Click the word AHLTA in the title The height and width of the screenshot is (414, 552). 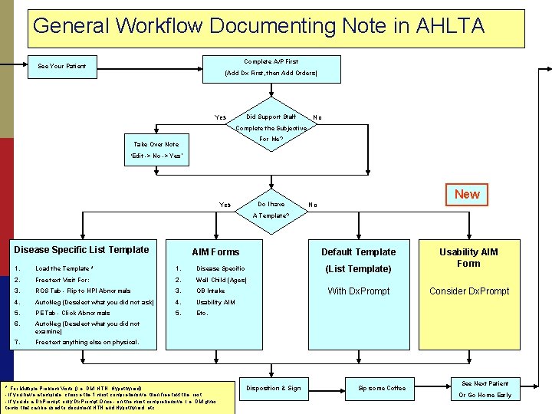pyautogui.click(x=449, y=26)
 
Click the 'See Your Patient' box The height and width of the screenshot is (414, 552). pyautogui.click(x=62, y=66)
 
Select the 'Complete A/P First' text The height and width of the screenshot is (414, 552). pyautogui.click(x=271, y=61)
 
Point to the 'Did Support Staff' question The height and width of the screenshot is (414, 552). pyautogui.click(x=271, y=117)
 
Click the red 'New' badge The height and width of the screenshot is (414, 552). pyautogui.click(x=467, y=194)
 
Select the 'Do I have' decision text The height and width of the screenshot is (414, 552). pyautogui.click(x=271, y=204)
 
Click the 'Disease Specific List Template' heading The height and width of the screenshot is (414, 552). pyautogui.click(x=82, y=249)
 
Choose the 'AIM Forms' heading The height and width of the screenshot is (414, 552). pyautogui.click(x=215, y=251)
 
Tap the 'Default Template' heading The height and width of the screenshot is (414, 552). pyautogui.click(x=358, y=251)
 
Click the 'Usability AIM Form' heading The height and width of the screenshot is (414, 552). pyautogui.click(x=468, y=258)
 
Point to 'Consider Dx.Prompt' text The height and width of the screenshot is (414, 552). pyautogui.click(x=468, y=291)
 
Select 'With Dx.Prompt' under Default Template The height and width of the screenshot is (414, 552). pyautogui.click(x=358, y=291)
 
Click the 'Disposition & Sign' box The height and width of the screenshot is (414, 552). pyautogui.click(x=273, y=388)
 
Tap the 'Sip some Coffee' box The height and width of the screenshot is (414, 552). pyautogui.click(x=382, y=388)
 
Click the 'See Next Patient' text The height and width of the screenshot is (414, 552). pyautogui.click(x=485, y=383)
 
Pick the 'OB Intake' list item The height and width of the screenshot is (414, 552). pyautogui.click(x=211, y=291)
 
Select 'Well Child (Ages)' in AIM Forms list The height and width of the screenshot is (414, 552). pyautogui.click(x=221, y=280)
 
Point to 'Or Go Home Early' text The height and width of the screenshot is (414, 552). pyautogui.click(x=485, y=395)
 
